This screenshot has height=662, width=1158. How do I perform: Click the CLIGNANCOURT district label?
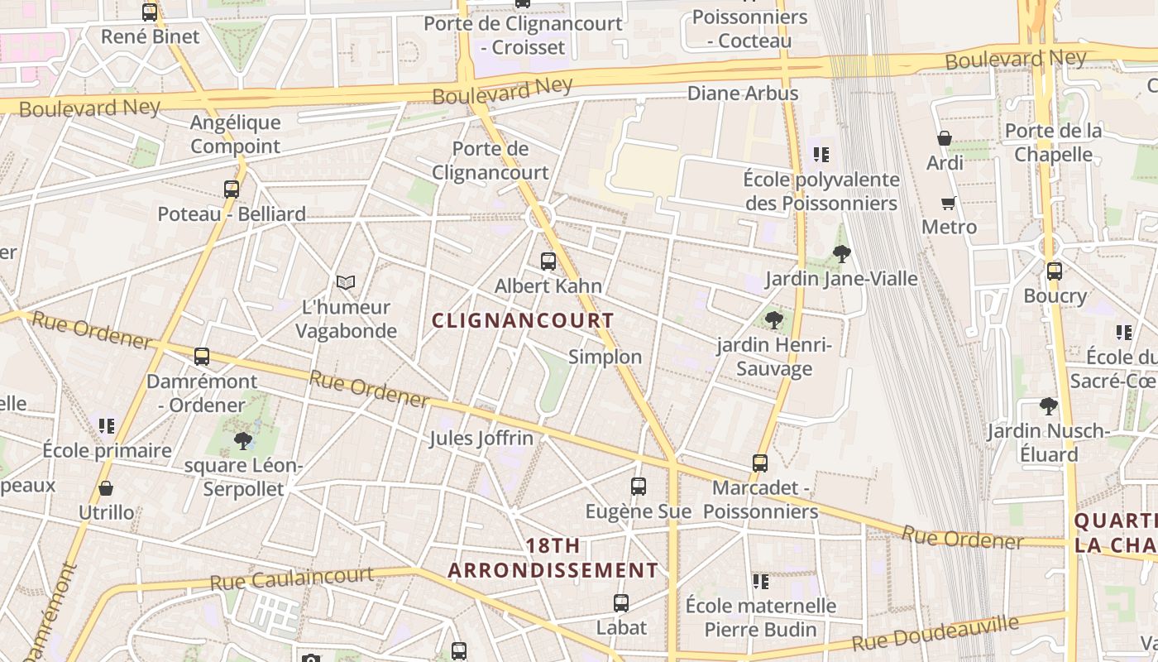pyautogui.click(x=523, y=320)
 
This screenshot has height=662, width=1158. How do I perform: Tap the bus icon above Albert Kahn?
pyautogui.click(x=548, y=261)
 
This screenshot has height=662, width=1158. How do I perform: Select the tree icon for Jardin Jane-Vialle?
pyautogui.click(x=842, y=254)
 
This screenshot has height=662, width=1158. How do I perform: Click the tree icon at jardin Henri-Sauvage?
pyautogui.click(x=774, y=319)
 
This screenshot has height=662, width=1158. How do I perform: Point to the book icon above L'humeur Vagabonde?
pyautogui.click(x=346, y=282)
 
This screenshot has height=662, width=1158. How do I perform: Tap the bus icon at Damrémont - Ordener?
pyautogui.click(x=202, y=357)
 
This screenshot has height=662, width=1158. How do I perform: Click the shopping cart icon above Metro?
pyautogui.click(x=949, y=203)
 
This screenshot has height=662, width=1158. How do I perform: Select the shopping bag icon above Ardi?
pyautogui.click(x=944, y=138)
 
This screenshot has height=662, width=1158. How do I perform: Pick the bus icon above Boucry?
pyautogui.click(x=1054, y=271)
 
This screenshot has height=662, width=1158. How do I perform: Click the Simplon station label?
pyautogui.click(x=605, y=357)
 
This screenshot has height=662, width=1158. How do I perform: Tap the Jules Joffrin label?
pyautogui.click(x=481, y=438)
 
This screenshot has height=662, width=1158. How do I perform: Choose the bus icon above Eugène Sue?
pyautogui.click(x=638, y=487)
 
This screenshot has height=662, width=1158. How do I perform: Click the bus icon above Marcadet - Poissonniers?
pyautogui.click(x=760, y=463)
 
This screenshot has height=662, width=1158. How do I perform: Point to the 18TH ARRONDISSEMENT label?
pyautogui.click(x=553, y=558)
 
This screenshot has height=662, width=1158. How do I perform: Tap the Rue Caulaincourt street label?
pyautogui.click(x=291, y=578)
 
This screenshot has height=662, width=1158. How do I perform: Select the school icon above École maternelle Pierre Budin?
pyautogui.click(x=760, y=581)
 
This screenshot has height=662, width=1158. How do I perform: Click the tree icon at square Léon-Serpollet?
pyautogui.click(x=242, y=440)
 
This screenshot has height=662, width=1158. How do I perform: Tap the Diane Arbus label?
pyautogui.click(x=743, y=93)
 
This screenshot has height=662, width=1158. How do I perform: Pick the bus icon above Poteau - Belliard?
pyautogui.click(x=232, y=189)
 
